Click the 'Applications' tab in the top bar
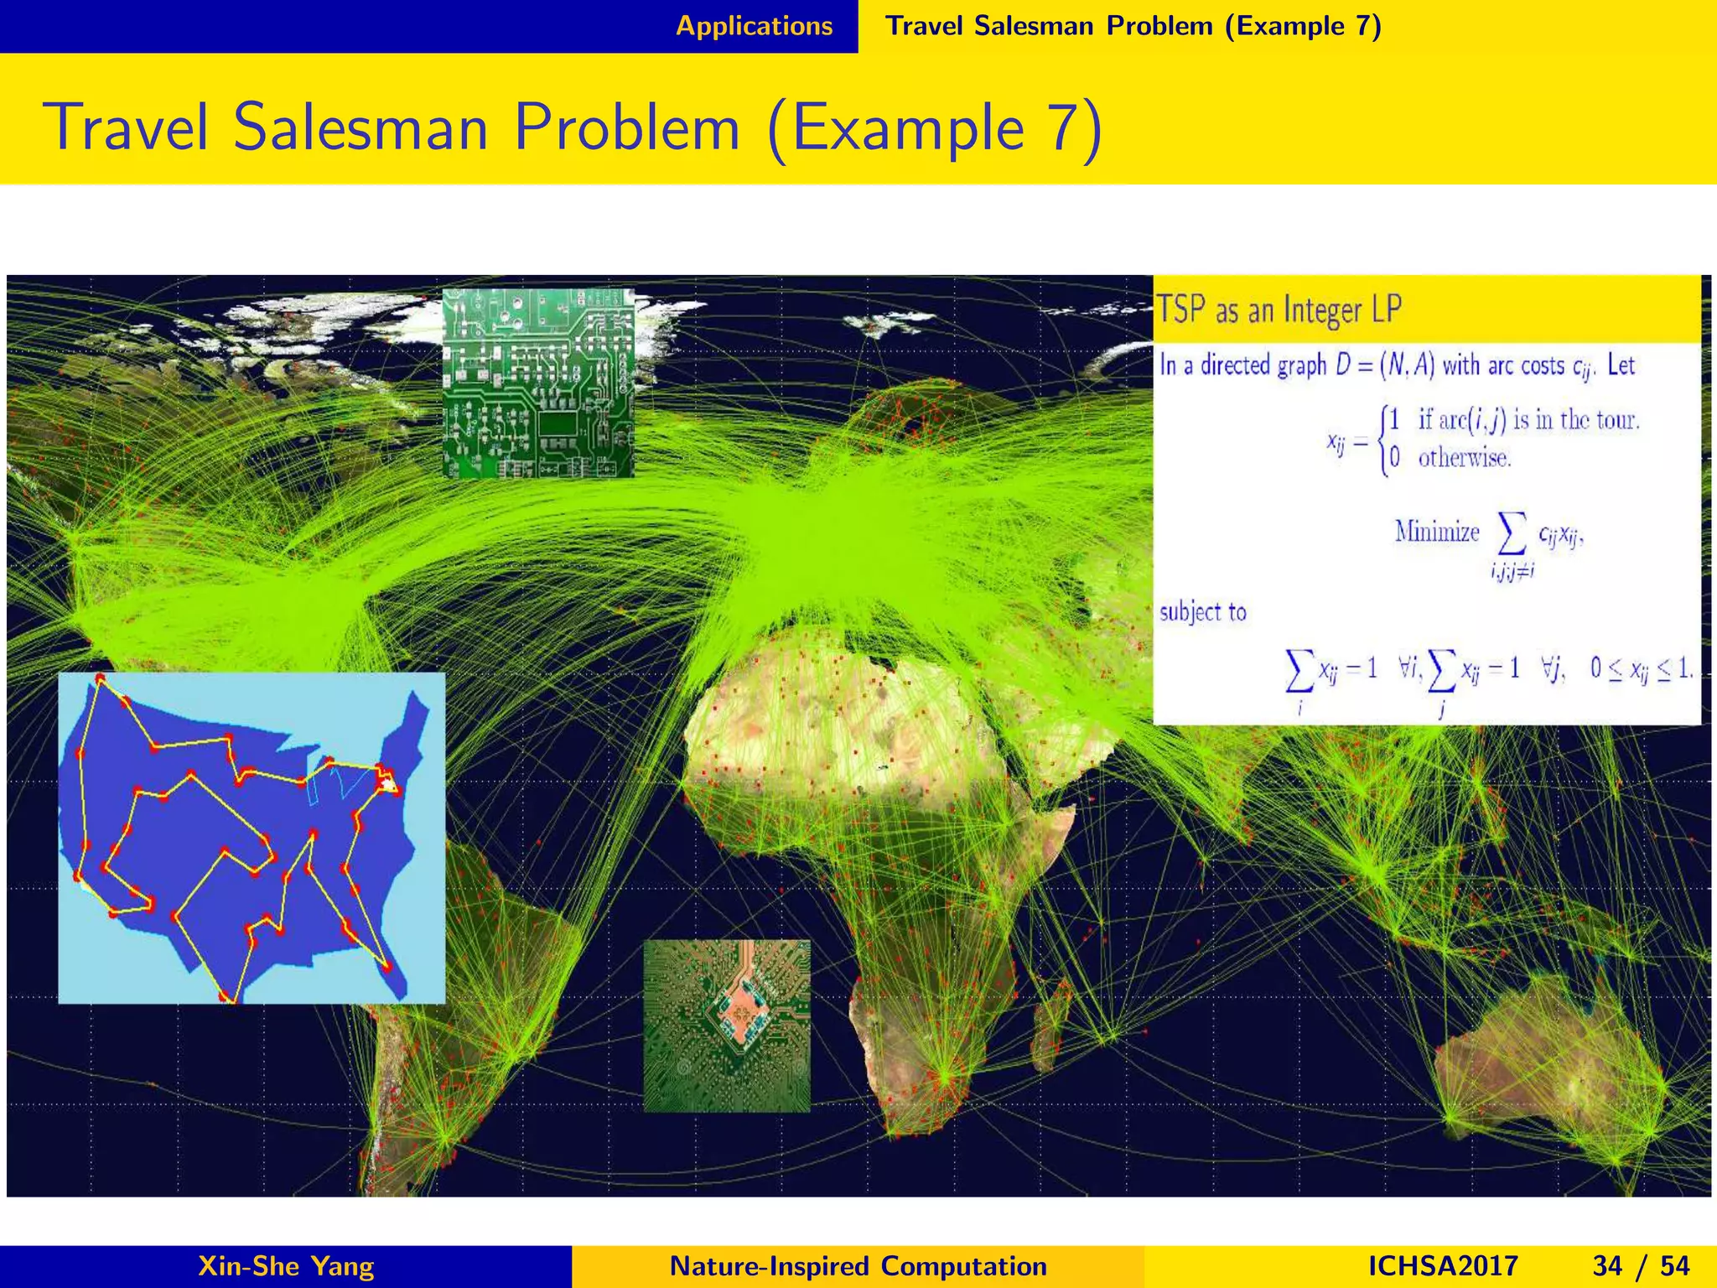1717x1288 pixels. (754, 26)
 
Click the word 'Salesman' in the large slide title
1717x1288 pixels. (361, 128)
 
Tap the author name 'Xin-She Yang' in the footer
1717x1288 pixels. (285, 1265)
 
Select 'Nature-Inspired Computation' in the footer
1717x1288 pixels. (858, 1265)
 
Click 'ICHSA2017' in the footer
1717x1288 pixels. (1442, 1265)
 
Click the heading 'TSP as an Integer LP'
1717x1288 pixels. (1279, 310)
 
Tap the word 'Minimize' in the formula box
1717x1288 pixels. (1437, 532)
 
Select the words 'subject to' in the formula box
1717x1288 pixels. (1203, 612)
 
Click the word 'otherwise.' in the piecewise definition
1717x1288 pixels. (1465, 458)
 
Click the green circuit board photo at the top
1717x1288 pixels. (538, 383)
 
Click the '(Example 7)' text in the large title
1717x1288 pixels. (934, 128)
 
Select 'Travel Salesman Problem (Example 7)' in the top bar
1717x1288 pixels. (1133, 26)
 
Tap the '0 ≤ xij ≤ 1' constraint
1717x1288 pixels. (1642, 668)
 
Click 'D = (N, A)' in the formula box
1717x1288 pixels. (1385, 366)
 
